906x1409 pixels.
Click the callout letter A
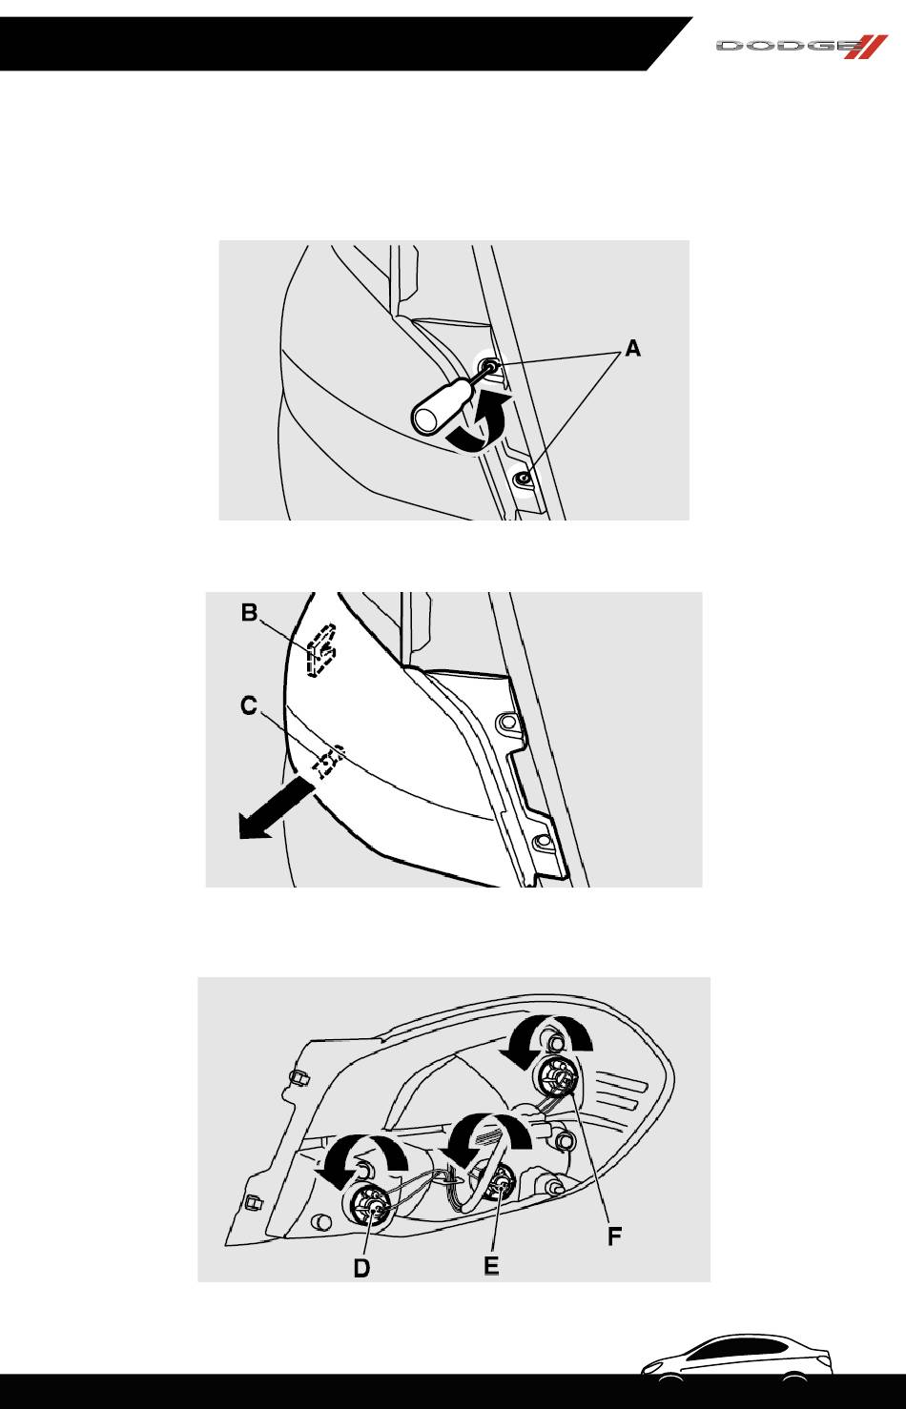(633, 348)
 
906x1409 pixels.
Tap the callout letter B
(250, 612)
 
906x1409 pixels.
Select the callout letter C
(249, 705)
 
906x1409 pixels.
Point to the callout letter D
(361, 1268)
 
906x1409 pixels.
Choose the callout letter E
(491, 1265)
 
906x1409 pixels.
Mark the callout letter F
(615, 1236)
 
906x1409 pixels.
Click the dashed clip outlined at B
(320, 650)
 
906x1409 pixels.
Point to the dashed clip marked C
(328, 762)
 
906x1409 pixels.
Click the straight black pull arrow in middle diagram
(275, 808)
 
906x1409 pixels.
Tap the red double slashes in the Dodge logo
(866, 47)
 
